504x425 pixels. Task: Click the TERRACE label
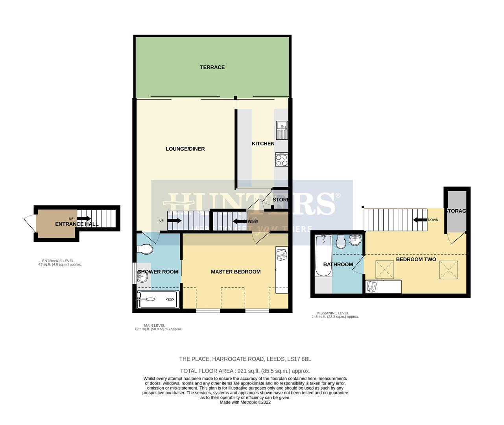tap(212, 67)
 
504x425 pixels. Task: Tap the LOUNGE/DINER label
tap(185, 149)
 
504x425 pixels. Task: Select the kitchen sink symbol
tap(282, 130)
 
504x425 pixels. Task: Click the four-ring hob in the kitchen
tap(282, 160)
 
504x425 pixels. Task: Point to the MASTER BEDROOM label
tap(236, 272)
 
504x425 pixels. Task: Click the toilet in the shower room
tap(145, 249)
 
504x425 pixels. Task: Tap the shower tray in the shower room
tap(157, 299)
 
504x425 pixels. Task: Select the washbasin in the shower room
tap(142, 277)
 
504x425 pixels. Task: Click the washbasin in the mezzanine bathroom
tap(355, 240)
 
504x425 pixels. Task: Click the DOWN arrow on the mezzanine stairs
tap(420, 220)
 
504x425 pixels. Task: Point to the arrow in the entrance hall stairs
tap(84, 218)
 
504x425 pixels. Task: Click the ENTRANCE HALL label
tap(77, 224)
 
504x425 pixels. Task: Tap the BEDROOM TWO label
tap(416, 259)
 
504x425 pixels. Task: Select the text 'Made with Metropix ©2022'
tap(245, 402)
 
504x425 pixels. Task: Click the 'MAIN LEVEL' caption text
tap(155, 325)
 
